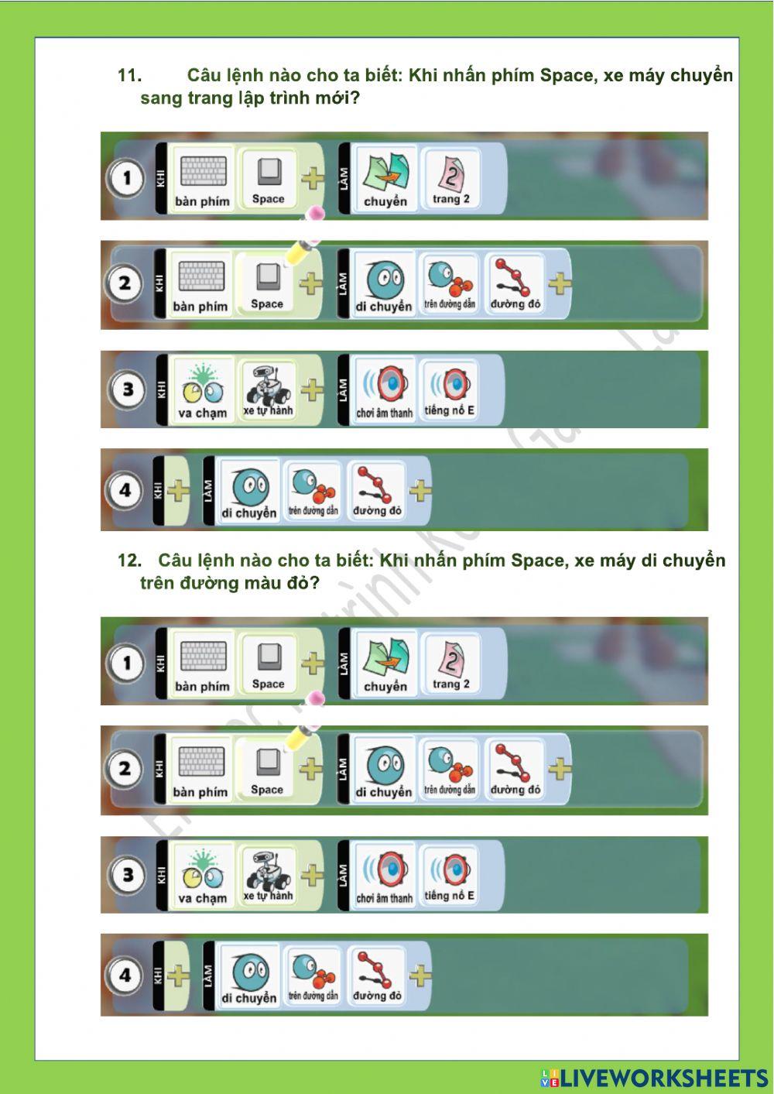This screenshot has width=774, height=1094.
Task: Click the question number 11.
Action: [x=128, y=76]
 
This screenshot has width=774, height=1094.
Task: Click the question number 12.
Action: [x=128, y=561]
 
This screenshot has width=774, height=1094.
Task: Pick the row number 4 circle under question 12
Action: [x=125, y=975]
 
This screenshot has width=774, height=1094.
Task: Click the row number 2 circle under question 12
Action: [x=125, y=769]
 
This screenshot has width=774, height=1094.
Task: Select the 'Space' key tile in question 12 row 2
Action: [x=267, y=770]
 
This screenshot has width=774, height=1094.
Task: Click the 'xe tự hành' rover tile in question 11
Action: [x=268, y=389]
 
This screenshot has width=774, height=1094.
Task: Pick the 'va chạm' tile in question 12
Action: [x=202, y=875]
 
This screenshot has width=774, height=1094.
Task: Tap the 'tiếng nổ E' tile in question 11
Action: [x=450, y=389]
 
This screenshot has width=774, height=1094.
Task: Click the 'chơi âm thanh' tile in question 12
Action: [x=385, y=875]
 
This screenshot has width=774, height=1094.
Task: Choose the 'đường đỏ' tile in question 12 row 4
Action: [x=377, y=975]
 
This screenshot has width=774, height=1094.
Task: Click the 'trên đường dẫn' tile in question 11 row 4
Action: [x=313, y=490]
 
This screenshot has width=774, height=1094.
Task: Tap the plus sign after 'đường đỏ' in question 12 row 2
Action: [x=560, y=769]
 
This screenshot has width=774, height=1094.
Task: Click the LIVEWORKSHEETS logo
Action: [x=653, y=1077]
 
